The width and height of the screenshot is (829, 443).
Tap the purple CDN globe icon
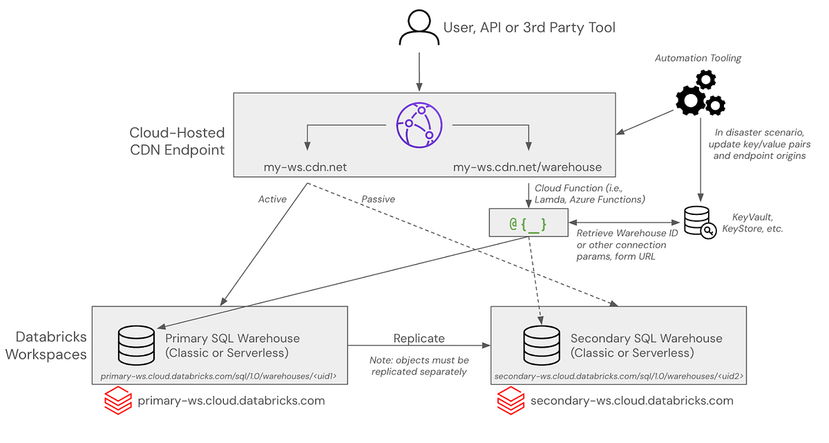coord(419,124)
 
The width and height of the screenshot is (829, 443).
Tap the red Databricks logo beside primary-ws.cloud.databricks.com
coord(117,401)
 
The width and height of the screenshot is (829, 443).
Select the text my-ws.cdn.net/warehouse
coord(527,167)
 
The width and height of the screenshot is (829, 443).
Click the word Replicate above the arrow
coord(419,338)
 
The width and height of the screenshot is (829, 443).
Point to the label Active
coord(272,199)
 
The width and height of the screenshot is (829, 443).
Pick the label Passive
coord(378,199)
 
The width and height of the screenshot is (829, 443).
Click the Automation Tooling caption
coord(698,59)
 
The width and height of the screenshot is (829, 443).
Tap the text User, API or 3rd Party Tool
coord(528,28)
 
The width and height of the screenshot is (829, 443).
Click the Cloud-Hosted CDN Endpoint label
coord(177,140)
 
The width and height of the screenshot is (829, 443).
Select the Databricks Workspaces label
coord(51,346)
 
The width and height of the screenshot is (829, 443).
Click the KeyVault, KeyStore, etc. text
coord(752,223)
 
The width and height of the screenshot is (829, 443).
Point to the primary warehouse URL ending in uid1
coord(222,377)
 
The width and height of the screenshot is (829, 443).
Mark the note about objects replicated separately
coord(419,366)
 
